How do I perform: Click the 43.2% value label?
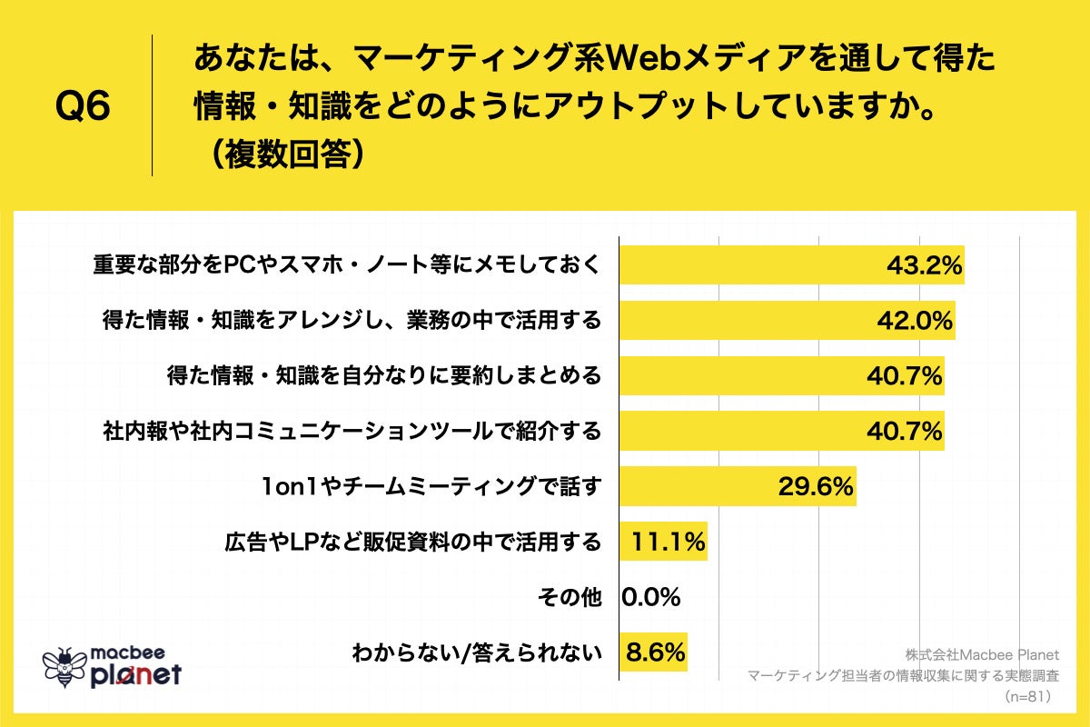(x=924, y=265)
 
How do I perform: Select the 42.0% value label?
(x=915, y=320)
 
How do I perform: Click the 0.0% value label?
(x=651, y=597)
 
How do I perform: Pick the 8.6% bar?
(x=653, y=652)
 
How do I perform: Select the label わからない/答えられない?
(x=477, y=652)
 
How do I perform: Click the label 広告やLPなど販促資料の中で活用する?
(x=412, y=543)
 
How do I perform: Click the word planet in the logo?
(x=136, y=674)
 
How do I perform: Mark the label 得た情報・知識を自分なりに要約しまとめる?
(x=385, y=375)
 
